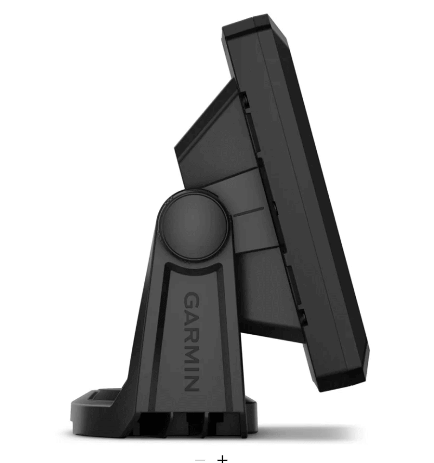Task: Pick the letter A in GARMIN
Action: coord(191,317)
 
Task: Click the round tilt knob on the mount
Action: coord(194,224)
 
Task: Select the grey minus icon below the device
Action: coord(200,459)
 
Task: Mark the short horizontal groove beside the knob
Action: coord(248,211)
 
